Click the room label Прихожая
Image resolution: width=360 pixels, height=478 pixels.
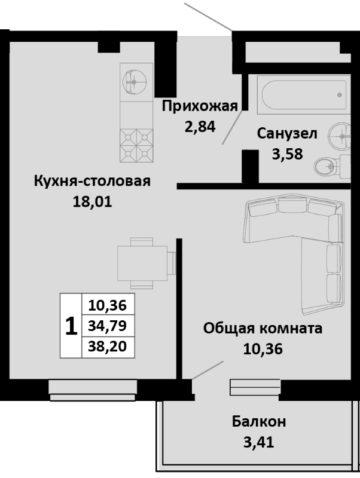200,107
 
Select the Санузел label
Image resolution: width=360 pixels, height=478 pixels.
287,134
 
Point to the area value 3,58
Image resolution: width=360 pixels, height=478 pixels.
286,153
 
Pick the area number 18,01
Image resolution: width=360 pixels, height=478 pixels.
91,201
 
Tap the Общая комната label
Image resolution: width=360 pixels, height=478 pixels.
263,328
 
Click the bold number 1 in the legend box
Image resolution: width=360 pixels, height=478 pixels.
71,326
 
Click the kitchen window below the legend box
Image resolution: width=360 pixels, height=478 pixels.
89,388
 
